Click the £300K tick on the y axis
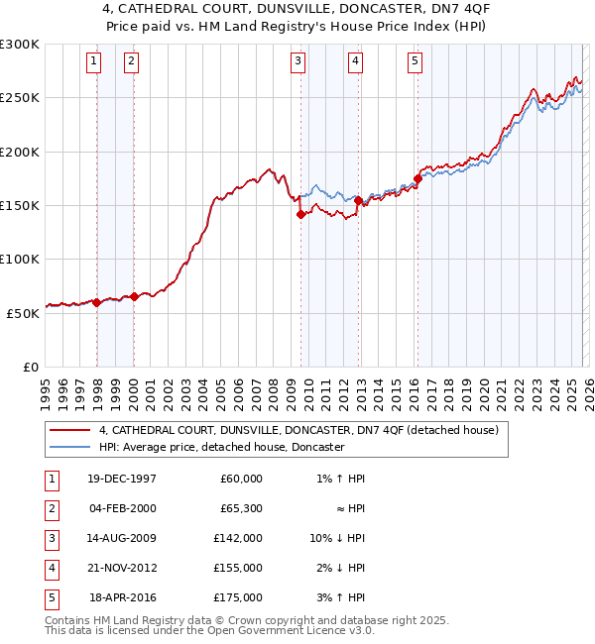20,45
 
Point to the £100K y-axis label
20,259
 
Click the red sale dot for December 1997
97,303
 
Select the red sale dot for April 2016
417,179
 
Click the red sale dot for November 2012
358,201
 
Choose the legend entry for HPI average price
220,447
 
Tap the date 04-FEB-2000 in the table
122,508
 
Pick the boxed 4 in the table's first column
49,568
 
